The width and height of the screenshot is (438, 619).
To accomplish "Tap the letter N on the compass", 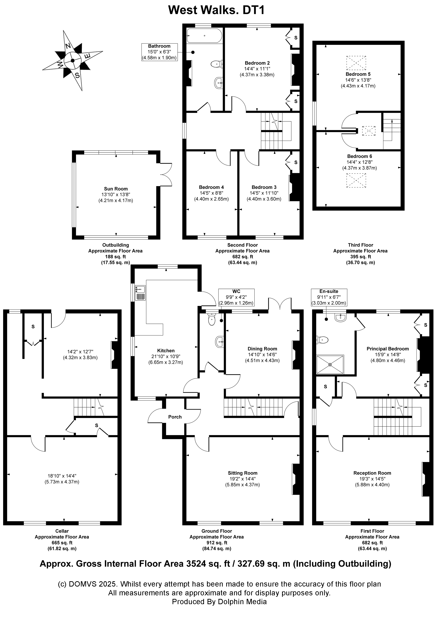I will coord(68,46).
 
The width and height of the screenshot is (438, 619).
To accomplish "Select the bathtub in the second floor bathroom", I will coord(204,36).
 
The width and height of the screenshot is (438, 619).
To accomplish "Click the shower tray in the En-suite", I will coord(330,365).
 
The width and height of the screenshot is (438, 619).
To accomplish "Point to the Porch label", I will coord(175,417).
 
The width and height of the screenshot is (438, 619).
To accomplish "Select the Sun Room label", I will coord(116,189).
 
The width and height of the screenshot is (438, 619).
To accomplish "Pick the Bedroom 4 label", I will coord(211,187).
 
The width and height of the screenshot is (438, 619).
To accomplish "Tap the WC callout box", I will coord(236,297).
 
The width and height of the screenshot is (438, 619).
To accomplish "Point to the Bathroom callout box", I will coord(159,52).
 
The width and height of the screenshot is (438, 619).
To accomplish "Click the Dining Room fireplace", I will coord(296,355).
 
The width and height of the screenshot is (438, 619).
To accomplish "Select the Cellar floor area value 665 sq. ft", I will coord(62,543).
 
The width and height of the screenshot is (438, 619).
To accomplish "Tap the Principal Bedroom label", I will coord(387,349).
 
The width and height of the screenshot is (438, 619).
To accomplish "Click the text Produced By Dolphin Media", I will coord(219,602).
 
